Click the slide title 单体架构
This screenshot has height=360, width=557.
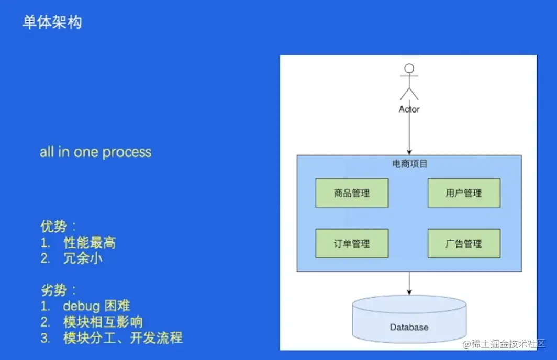click(52, 22)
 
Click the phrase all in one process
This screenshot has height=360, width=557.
click(95, 152)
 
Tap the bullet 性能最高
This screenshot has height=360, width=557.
click(90, 242)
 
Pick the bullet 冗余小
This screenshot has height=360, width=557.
click(83, 258)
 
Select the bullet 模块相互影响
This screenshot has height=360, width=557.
click(103, 322)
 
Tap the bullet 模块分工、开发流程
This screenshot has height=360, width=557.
click(123, 338)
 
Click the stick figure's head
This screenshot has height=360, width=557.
click(409, 68)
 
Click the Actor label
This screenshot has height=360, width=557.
click(409, 109)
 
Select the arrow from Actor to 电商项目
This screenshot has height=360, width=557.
click(409, 133)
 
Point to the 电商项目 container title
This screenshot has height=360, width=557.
click(409, 164)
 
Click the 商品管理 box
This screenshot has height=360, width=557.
click(352, 193)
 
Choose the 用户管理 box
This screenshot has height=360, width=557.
click(464, 193)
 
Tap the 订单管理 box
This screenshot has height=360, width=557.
click(352, 243)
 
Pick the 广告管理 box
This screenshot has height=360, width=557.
click(464, 243)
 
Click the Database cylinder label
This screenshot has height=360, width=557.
click(409, 327)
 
